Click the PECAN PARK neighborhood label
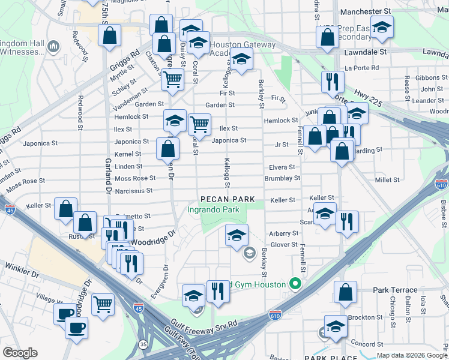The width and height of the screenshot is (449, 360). click(x=228, y=199)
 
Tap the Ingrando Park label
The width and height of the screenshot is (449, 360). click(x=213, y=209)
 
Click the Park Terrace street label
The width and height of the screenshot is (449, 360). click(x=394, y=290)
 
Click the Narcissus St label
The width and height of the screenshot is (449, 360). click(x=133, y=191)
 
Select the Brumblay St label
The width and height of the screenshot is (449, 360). click(x=282, y=178)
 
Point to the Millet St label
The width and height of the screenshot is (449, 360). click(x=387, y=180)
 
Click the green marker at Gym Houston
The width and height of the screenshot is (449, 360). click(x=295, y=284)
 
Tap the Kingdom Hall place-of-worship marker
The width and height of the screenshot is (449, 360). click(x=53, y=46)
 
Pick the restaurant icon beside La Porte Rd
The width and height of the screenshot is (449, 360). click(x=332, y=81)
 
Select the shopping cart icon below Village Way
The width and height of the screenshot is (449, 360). click(x=103, y=304)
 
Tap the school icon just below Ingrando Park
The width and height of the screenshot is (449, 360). click(x=237, y=235)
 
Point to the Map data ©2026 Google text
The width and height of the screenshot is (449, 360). click(x=411, y=355)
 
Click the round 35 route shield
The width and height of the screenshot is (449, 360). click(x=143, y=344)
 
